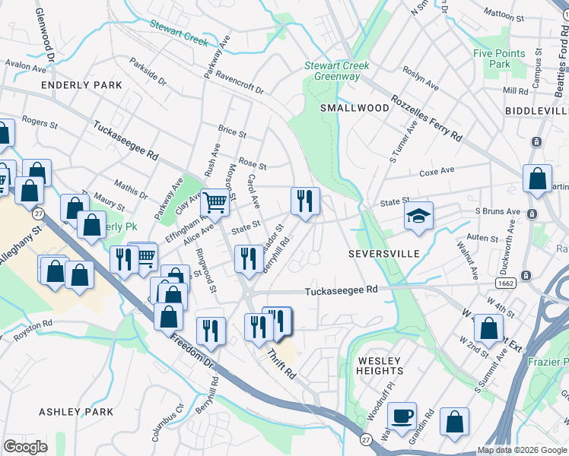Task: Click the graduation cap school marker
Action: point(418,217)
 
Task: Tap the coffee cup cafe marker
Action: point(402,416)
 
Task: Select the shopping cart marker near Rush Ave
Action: point(215,203)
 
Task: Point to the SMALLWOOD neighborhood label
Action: point(354,108)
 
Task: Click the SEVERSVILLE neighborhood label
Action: point(384,253)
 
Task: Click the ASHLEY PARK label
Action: point(75,412)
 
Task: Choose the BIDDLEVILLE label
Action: point(536,110)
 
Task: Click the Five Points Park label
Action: point(499,59)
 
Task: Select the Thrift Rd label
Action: point(281,366)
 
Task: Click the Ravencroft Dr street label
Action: point(238,83)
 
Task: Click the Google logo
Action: point(25,446)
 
